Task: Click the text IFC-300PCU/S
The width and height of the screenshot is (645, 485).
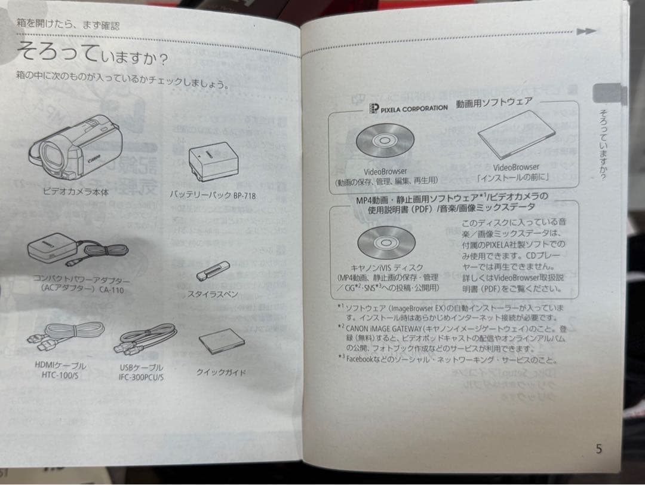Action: (x=141, y=377)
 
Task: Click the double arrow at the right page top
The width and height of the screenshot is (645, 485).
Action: (x=587, y=32)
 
